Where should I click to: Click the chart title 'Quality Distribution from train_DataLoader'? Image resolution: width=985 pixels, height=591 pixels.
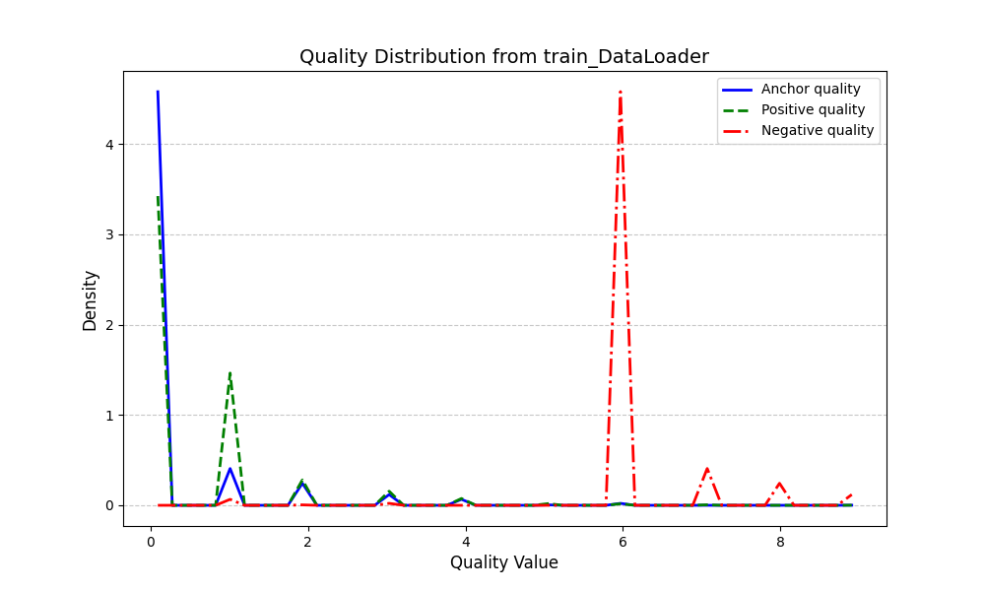(x=503, y=57)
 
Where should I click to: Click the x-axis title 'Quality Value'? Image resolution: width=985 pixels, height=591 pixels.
(x=503, y=563)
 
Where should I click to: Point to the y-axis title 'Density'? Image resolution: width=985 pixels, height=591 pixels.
(x=91, y=300)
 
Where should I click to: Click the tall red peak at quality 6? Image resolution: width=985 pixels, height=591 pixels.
(x=620, y=93)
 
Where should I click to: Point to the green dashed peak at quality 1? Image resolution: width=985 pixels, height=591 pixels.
(x=230, y=373)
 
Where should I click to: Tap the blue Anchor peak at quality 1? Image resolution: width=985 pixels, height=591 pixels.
(x=230, y=469)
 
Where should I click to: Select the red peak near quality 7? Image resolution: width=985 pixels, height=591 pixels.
(x=706, y=469)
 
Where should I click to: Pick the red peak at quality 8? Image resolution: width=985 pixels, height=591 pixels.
(x=779, y=483)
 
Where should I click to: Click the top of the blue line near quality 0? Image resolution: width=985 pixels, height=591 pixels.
(x=158, y=93)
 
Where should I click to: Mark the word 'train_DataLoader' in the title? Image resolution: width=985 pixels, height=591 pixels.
(x=625, y=57)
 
